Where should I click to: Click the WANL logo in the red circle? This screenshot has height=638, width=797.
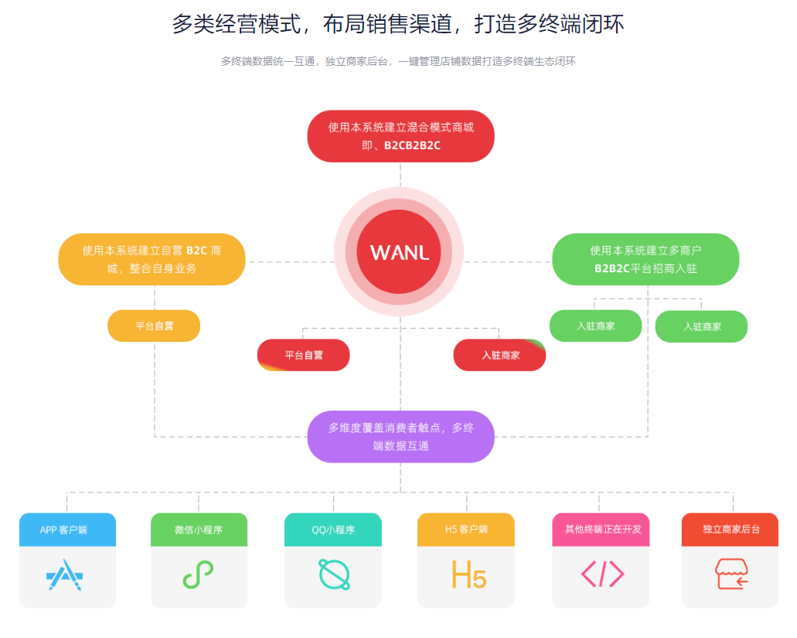pos(399,252)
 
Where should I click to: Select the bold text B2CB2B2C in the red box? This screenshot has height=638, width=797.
pos(412,145)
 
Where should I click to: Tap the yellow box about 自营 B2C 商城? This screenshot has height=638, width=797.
pos(152,259)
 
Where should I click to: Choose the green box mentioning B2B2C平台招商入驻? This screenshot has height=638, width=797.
pos(645,259)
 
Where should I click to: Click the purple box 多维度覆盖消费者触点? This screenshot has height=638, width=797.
pos(400,436)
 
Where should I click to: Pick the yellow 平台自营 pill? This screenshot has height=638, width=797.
pos(154,326)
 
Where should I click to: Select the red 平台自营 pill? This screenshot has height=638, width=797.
pos(304,355)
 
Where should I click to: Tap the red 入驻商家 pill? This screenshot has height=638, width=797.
pos(500,355)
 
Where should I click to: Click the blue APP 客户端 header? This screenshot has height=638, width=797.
pos(67,530)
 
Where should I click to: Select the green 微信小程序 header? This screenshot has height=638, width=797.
pos(199,530)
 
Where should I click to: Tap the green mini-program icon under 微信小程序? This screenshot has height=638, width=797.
pos(198,575)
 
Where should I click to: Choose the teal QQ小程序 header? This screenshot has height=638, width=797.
pos(333,530)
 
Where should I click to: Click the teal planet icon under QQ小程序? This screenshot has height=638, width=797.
pos(334,575)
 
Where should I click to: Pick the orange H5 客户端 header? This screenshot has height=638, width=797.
pos(466,530)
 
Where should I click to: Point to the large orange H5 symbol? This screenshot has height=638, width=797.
pos(468,575)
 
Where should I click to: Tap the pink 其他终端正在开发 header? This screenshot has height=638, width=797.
pos(601,530)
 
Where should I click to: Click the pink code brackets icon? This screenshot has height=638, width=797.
pos(602,575)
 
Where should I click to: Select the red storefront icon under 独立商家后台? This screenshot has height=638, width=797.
pos(731,575)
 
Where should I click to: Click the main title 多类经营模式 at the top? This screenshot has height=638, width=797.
pos(398,24)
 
